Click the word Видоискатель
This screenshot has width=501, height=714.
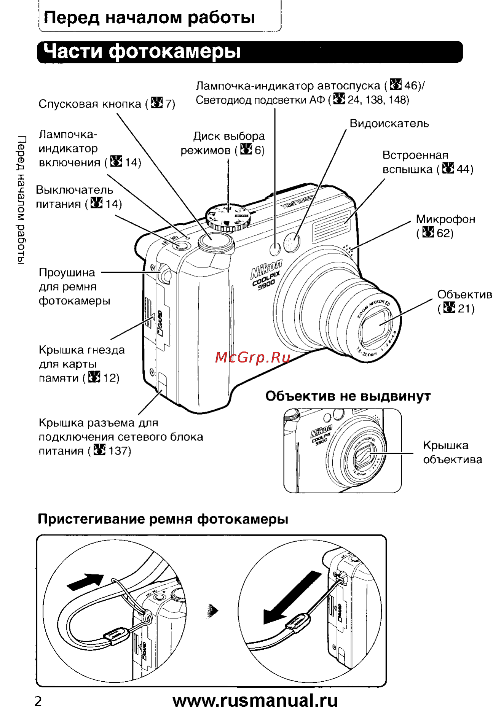pos(389,124)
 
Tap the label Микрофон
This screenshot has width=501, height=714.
pos(445,219)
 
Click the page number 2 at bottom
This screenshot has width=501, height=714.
pos(38,701)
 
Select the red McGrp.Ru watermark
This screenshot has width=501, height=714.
pos(253,357)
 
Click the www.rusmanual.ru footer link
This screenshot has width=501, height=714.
pos(255,700)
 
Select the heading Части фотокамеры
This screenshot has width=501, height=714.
pos(142,51)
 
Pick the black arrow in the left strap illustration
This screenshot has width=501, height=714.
pos(85,581)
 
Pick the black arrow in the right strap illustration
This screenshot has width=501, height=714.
pos(292,598)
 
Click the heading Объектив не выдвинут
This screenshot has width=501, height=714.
pos(348,396)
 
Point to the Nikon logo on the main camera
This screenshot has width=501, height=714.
pos(266,269)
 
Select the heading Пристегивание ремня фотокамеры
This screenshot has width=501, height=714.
pos(163,519)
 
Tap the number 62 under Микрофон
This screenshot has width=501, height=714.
pos(443,233)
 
